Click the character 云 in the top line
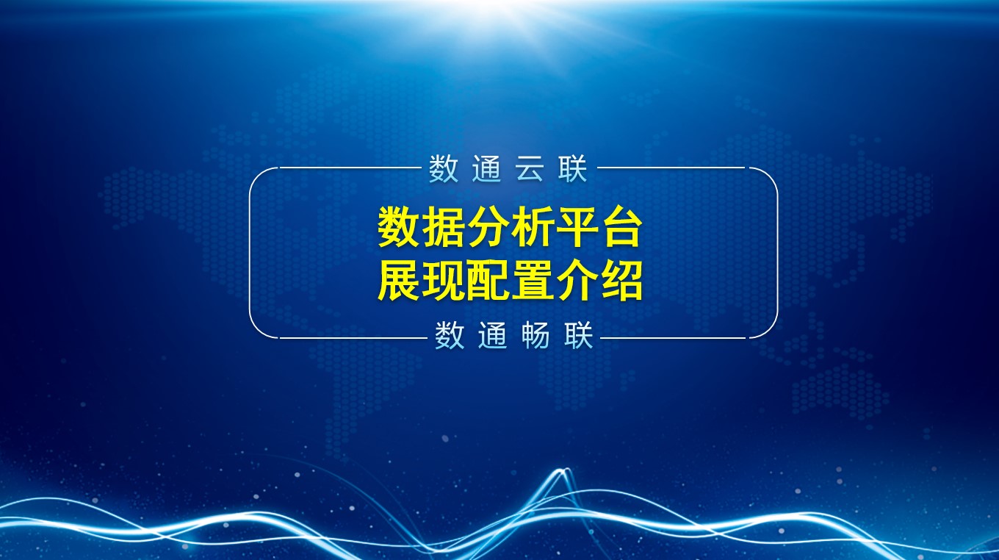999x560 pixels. [530, 169]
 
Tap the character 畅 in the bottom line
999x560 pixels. [535, 336]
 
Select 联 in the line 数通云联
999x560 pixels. [573, 169]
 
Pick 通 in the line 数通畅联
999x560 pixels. [493, 336]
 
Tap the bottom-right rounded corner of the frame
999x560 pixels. [771, 330]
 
